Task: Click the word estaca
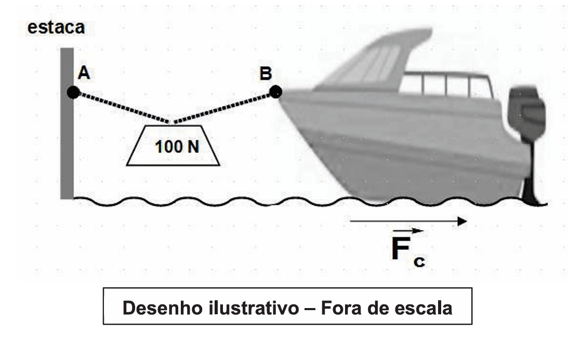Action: click(56, 27)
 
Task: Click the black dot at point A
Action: click(73, 93)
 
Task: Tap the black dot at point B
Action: click(275, 92)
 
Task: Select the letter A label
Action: click(84, 74)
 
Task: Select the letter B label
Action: click(266, 74)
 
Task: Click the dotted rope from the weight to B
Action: click(223, 108)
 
